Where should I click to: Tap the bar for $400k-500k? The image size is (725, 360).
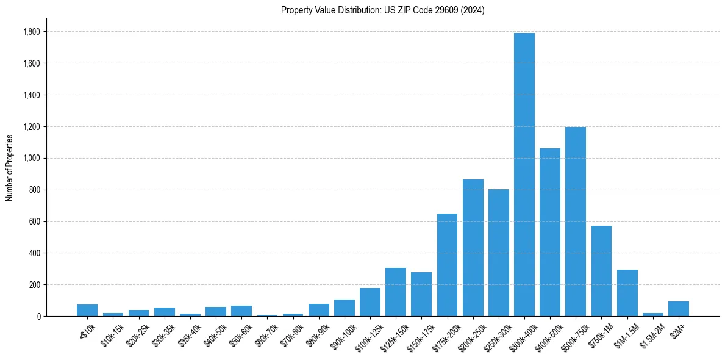click(x=550, y=232)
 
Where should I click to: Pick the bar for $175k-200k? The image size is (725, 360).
click(x=447, y=265)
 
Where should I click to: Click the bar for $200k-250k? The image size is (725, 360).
click(x=473, y=248)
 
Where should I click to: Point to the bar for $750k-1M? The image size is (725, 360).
click(x=601, y=271)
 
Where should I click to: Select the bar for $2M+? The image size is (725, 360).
click(x=679, y=309)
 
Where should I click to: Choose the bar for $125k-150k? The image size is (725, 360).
click(x=396, y=292)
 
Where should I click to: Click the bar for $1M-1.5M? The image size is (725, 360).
click(x=627, y=293)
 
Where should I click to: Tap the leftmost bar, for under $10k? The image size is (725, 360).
click(x=87, y=310)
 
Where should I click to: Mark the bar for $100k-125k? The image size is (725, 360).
click(x=370, y=302)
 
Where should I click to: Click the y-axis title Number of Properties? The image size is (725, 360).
click(x=9, y=167)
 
